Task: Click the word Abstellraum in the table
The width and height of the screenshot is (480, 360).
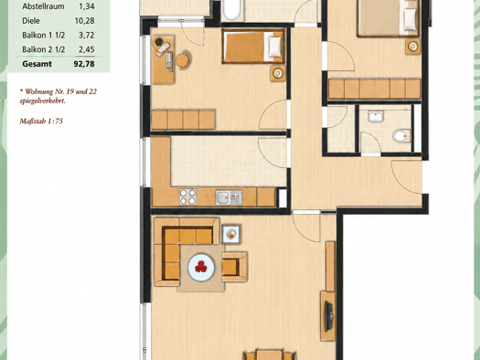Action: (x=43, y=6)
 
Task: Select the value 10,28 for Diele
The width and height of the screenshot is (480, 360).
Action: (x=84, y=21)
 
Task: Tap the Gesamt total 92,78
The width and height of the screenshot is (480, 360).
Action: (x=84, y=64)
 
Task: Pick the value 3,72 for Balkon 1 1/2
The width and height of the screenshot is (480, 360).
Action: (x=86, y=35)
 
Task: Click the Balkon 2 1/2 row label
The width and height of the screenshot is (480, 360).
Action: (x=44, y=49)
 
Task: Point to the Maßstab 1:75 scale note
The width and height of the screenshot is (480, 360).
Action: (x=41, y=122)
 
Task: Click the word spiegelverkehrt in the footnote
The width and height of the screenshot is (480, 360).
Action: (x=42, y=101)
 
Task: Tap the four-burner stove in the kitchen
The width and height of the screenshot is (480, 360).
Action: (x=187, y=196)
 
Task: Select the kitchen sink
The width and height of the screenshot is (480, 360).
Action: (x=229, y=197)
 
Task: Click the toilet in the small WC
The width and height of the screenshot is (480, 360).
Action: (x=401, y=136)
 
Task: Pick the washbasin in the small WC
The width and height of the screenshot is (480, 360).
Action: (x=376, y=117)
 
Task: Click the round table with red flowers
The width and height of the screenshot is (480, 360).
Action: (x=201, y=267)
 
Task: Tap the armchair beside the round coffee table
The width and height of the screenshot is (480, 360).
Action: (x=234, y=267)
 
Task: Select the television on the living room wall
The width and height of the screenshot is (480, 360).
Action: (x=329, y=316)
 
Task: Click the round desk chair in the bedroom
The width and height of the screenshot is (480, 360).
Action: (x=184, y=59)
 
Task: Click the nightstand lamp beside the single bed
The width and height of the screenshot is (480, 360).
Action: (x=278, y=73)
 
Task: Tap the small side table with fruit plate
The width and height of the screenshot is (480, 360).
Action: (x=231, y=234)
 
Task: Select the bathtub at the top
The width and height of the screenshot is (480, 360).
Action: (x=231, y=9)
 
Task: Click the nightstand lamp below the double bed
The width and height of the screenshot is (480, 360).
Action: (x=412, y=47)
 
